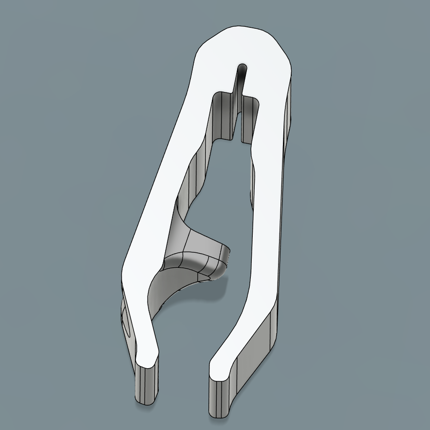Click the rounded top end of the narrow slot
tap(242, 66)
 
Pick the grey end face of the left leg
tap(148, 385)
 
